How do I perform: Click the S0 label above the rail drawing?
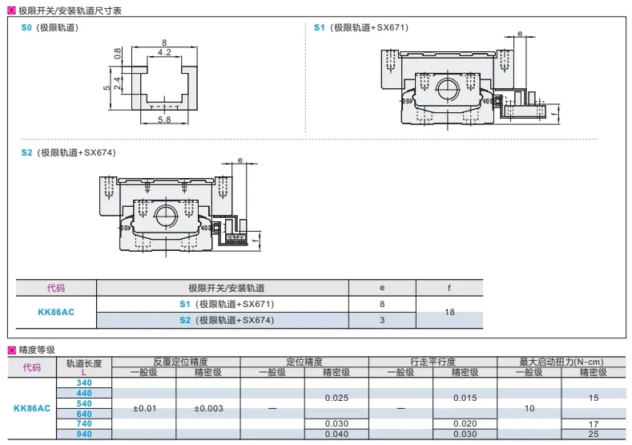[26, 27]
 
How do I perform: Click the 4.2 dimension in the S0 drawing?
[164, 52]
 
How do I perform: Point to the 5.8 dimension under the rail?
[164, 119]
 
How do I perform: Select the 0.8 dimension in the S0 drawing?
[117, 54]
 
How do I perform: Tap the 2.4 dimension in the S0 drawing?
[117, 83]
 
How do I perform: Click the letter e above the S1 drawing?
[520, 34]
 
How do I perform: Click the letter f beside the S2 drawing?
[255, 241]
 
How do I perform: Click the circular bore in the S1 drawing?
[448, 89]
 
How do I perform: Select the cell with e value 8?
[382, 304]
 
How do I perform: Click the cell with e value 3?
[382, 321]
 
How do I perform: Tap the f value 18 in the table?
[450, 312]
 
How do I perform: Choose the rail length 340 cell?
[84, 382]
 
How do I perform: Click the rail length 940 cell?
[84, 434]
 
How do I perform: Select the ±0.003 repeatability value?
[208, 408]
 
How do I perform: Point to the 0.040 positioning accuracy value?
[336, 434]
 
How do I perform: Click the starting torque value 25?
[594, 434]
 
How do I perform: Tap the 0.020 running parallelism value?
[465, 423]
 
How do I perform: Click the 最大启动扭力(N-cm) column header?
[561, 362]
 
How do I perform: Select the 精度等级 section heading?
[37, 350]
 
